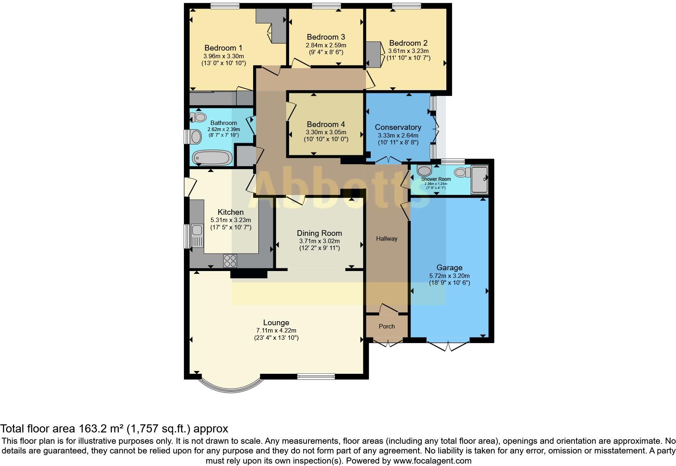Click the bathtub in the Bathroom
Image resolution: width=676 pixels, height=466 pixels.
(x=212, y=158)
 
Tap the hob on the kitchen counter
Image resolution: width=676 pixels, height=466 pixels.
(x=230, y=261)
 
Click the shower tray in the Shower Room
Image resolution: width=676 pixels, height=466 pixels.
(x=480, y=178)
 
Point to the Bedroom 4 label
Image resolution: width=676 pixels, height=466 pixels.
(x=325, y=124)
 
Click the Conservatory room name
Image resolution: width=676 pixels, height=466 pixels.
(x=398, y=127)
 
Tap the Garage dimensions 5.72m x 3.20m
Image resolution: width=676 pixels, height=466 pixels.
(x=449, y=276)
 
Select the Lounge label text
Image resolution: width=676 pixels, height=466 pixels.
(x=276, y=322)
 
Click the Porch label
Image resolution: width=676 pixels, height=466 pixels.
(x=387, y=326)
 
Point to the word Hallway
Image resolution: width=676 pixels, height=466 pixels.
(x=387, y=239)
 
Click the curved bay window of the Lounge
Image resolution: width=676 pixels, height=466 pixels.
(x=231, y=387)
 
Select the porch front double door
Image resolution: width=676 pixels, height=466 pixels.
(x=388, y=343)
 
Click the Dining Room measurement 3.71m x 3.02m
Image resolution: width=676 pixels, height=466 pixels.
(x=319, y=241)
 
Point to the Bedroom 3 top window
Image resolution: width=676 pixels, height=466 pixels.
(x=326, y=6)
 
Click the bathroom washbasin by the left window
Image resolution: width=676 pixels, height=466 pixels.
(x=196, y=136)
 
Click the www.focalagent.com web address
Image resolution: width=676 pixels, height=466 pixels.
(x=432, y=460)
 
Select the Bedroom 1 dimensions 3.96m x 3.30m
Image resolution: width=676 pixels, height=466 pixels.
(x=224, y=56)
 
